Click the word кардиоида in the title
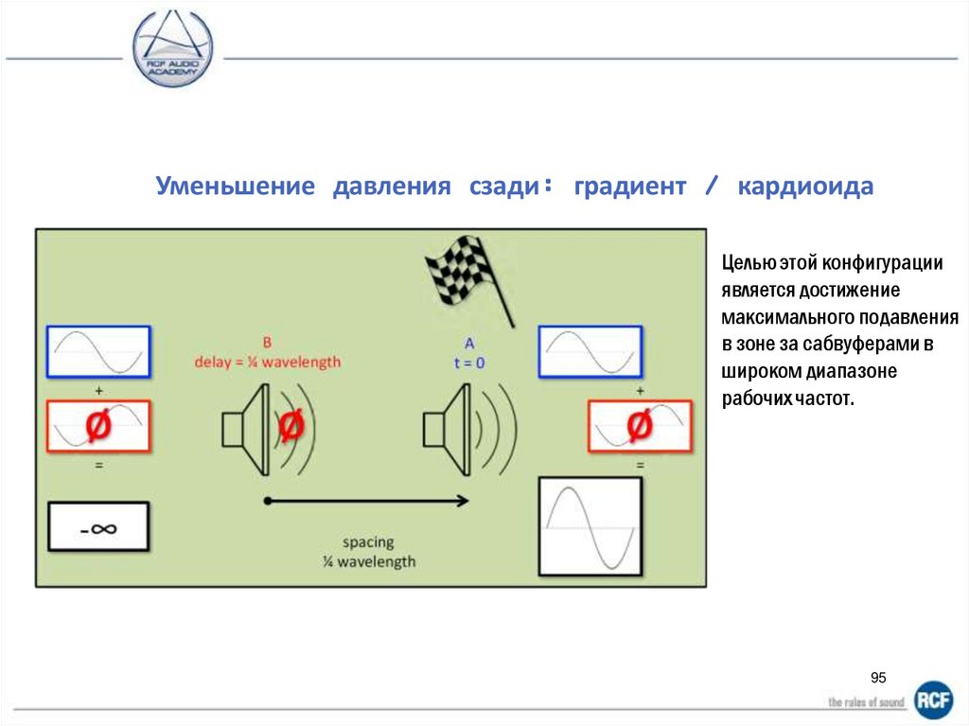(x=805, y=186)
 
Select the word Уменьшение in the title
(x=235, y=186)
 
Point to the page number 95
(x=878, y=678)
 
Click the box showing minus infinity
(x=98, y=527)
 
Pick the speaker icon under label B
(x=248, y=428)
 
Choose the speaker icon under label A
(x=449, y=428)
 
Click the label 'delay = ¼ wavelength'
(x=267, y=362)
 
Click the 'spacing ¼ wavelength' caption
(x=367, y=552)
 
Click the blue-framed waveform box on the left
(x=98, y=352)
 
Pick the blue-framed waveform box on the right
(x=590, y=352)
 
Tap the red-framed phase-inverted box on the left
(x=98, y=426)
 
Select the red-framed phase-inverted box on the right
(x=641, y=426)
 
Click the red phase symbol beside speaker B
(x=291, y=428)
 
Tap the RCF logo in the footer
(x=933, y=699)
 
